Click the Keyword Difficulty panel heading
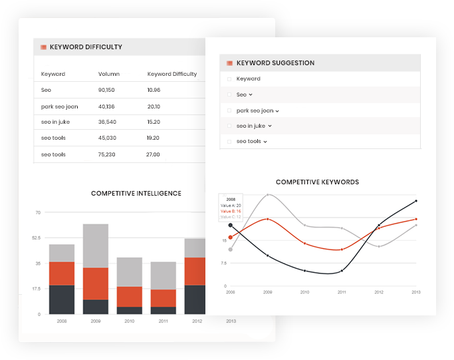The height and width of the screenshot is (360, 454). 86,47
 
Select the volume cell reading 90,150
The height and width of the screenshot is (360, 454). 106,90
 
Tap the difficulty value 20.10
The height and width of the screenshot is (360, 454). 154,106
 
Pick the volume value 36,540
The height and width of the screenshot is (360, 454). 106,122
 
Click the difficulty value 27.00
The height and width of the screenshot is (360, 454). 154,154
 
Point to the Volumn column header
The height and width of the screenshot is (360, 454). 108,74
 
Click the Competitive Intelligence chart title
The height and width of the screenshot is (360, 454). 136,194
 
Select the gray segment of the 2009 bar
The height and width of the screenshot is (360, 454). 95,246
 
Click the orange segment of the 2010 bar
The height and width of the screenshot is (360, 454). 130,296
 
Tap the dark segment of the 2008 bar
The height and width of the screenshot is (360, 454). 62,299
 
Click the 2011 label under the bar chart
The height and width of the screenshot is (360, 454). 163,320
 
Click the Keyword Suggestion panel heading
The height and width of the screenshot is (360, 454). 275,63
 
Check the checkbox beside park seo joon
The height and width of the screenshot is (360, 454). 229,110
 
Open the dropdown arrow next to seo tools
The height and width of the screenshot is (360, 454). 265,142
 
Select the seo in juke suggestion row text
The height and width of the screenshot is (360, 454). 251,126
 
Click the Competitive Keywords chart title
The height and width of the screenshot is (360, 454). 317,182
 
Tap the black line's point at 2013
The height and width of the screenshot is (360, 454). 416,200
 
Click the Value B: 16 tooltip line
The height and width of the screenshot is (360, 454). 231,212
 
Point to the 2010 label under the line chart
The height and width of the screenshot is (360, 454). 304,292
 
